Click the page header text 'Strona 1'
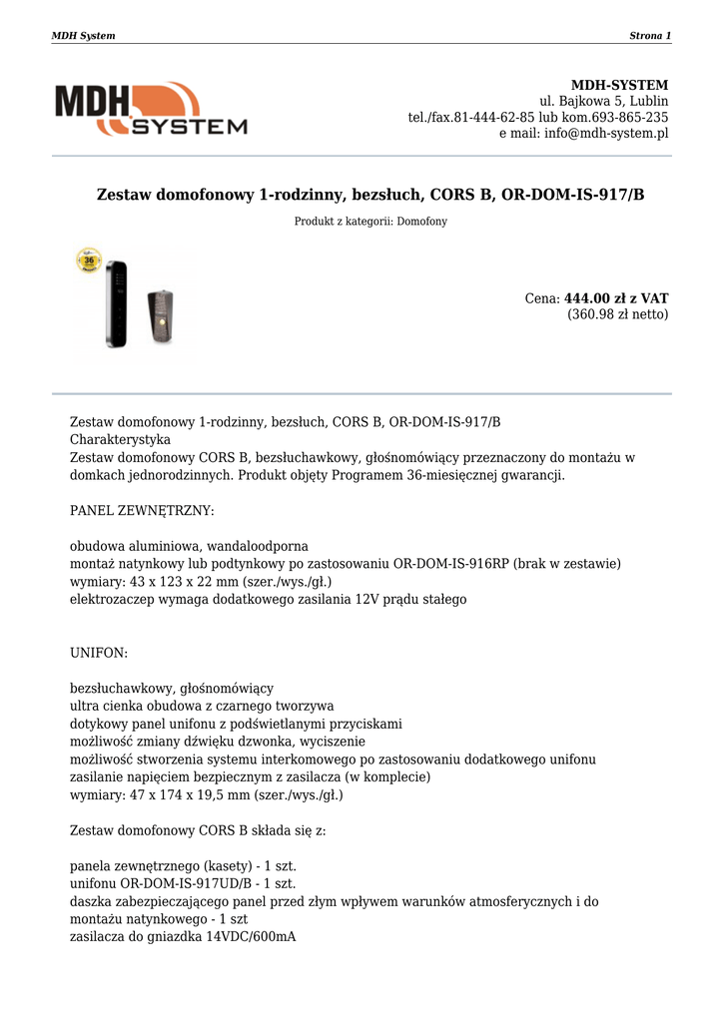(650, 36)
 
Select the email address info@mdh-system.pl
(606, 134)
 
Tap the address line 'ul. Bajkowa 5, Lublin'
(604, 102)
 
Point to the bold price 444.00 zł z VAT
(616, 298)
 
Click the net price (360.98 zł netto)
(618, 314)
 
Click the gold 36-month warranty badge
(90, 262)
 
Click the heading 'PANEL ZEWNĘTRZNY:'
(142, 511)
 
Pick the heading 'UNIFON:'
(99, 653)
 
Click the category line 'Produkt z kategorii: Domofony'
(370, 222)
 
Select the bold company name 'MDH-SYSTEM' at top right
(619, 85)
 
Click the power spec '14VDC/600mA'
(251, 937)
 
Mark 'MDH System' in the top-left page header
(83, 36)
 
